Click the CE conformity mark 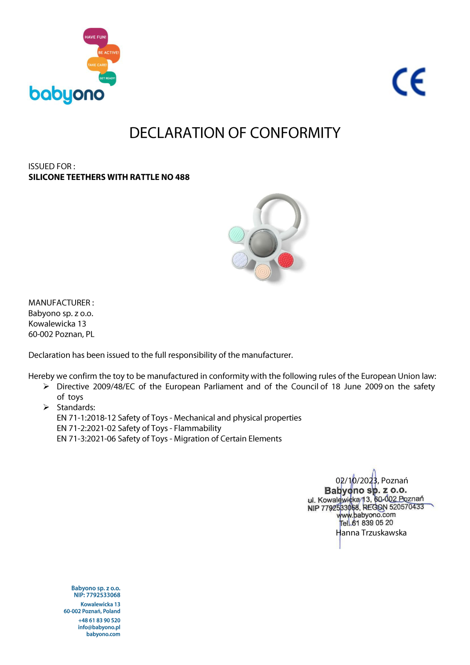pos(409,82)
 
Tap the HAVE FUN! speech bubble pos(95,37)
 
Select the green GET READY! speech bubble pos(107,78)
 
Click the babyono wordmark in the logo pos(66,95)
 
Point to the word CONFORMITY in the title pos(295,133)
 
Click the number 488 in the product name pos(182,177)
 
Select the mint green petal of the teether pos(237,234)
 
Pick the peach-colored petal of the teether pos(263,271)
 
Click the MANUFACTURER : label pos(61,303)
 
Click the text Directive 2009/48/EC pos(96,387)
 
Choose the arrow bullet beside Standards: pos(46,407)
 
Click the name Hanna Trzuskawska pos(371,533)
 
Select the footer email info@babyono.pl pos(99,627)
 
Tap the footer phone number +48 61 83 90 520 pos(99,620)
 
